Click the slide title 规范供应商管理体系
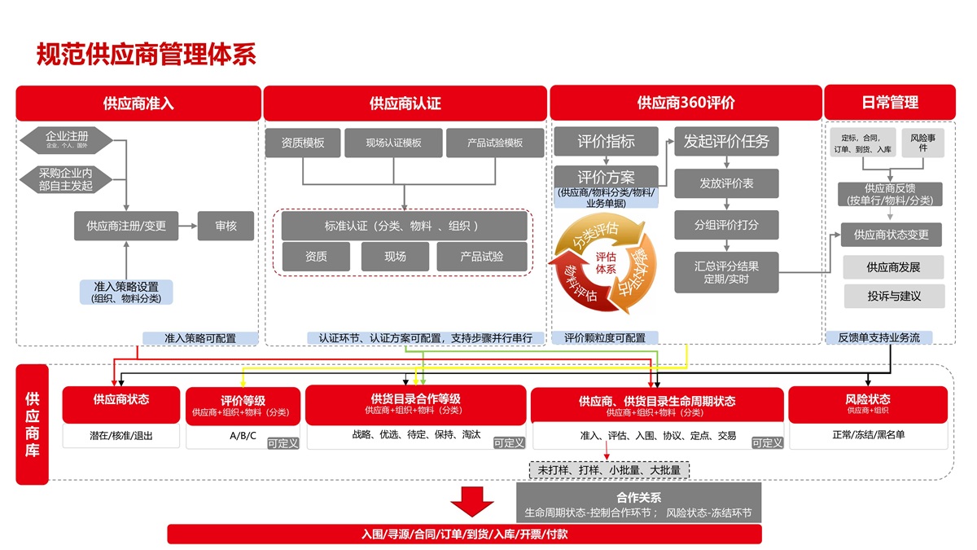tap(147, 54)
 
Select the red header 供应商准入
tap(138, 103)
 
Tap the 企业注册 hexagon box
tap(67, 139)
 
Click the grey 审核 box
tap(226, 226)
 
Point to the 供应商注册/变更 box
tap(126, 226)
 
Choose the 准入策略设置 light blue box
tap(126, 292)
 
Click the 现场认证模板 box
tap(394, 143)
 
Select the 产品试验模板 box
tap(494, 143)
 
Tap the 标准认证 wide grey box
tap(405, 226)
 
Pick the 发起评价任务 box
tap(726, 141)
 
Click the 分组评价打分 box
tap(726, 225)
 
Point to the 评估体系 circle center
tap(605, 262)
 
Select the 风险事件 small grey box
tap(922, 143)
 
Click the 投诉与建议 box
tap(893, 296)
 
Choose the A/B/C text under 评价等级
tap(243, 436)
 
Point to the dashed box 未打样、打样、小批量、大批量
tap(609, 470)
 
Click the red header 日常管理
tap(890, 103)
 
